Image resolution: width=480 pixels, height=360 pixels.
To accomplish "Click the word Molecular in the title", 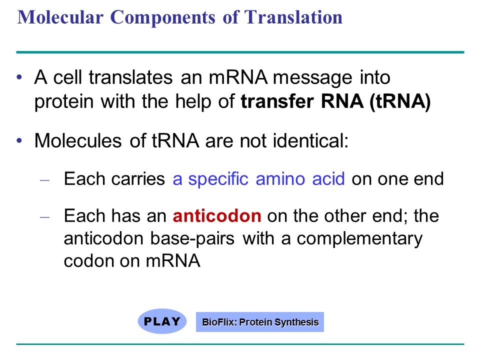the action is [60, 17].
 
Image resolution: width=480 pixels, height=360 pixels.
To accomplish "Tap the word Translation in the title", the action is [293, 17].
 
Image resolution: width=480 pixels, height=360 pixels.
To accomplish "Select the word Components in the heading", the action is [163, 18].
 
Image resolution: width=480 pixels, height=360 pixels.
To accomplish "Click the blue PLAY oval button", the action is [162, 321].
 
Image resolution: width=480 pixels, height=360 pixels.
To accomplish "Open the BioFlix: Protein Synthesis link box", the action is [260, 322].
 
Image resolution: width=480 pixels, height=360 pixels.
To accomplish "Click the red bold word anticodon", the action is [217, 216].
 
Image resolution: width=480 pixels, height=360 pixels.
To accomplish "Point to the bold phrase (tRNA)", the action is [400, 101].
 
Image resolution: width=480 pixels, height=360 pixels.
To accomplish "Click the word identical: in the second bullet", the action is [310, 141].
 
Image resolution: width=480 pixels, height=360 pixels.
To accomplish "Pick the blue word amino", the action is [280, 179].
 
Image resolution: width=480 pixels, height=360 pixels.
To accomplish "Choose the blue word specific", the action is [218, 179].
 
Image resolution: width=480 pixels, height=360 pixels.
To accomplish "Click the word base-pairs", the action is [192, 238].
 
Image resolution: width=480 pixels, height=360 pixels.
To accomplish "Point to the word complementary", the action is [359, 239].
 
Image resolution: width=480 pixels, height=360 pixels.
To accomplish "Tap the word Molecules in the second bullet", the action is [78, 141].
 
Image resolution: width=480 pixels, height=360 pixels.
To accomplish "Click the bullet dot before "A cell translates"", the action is [19, 77].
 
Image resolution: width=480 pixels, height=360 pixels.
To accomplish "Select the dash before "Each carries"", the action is [44, 179].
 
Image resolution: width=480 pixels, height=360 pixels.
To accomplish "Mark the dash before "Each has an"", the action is [44, 217].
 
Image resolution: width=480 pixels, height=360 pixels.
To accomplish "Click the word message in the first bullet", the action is [312, 78].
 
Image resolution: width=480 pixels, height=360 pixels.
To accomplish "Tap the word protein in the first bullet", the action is [63, 102].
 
